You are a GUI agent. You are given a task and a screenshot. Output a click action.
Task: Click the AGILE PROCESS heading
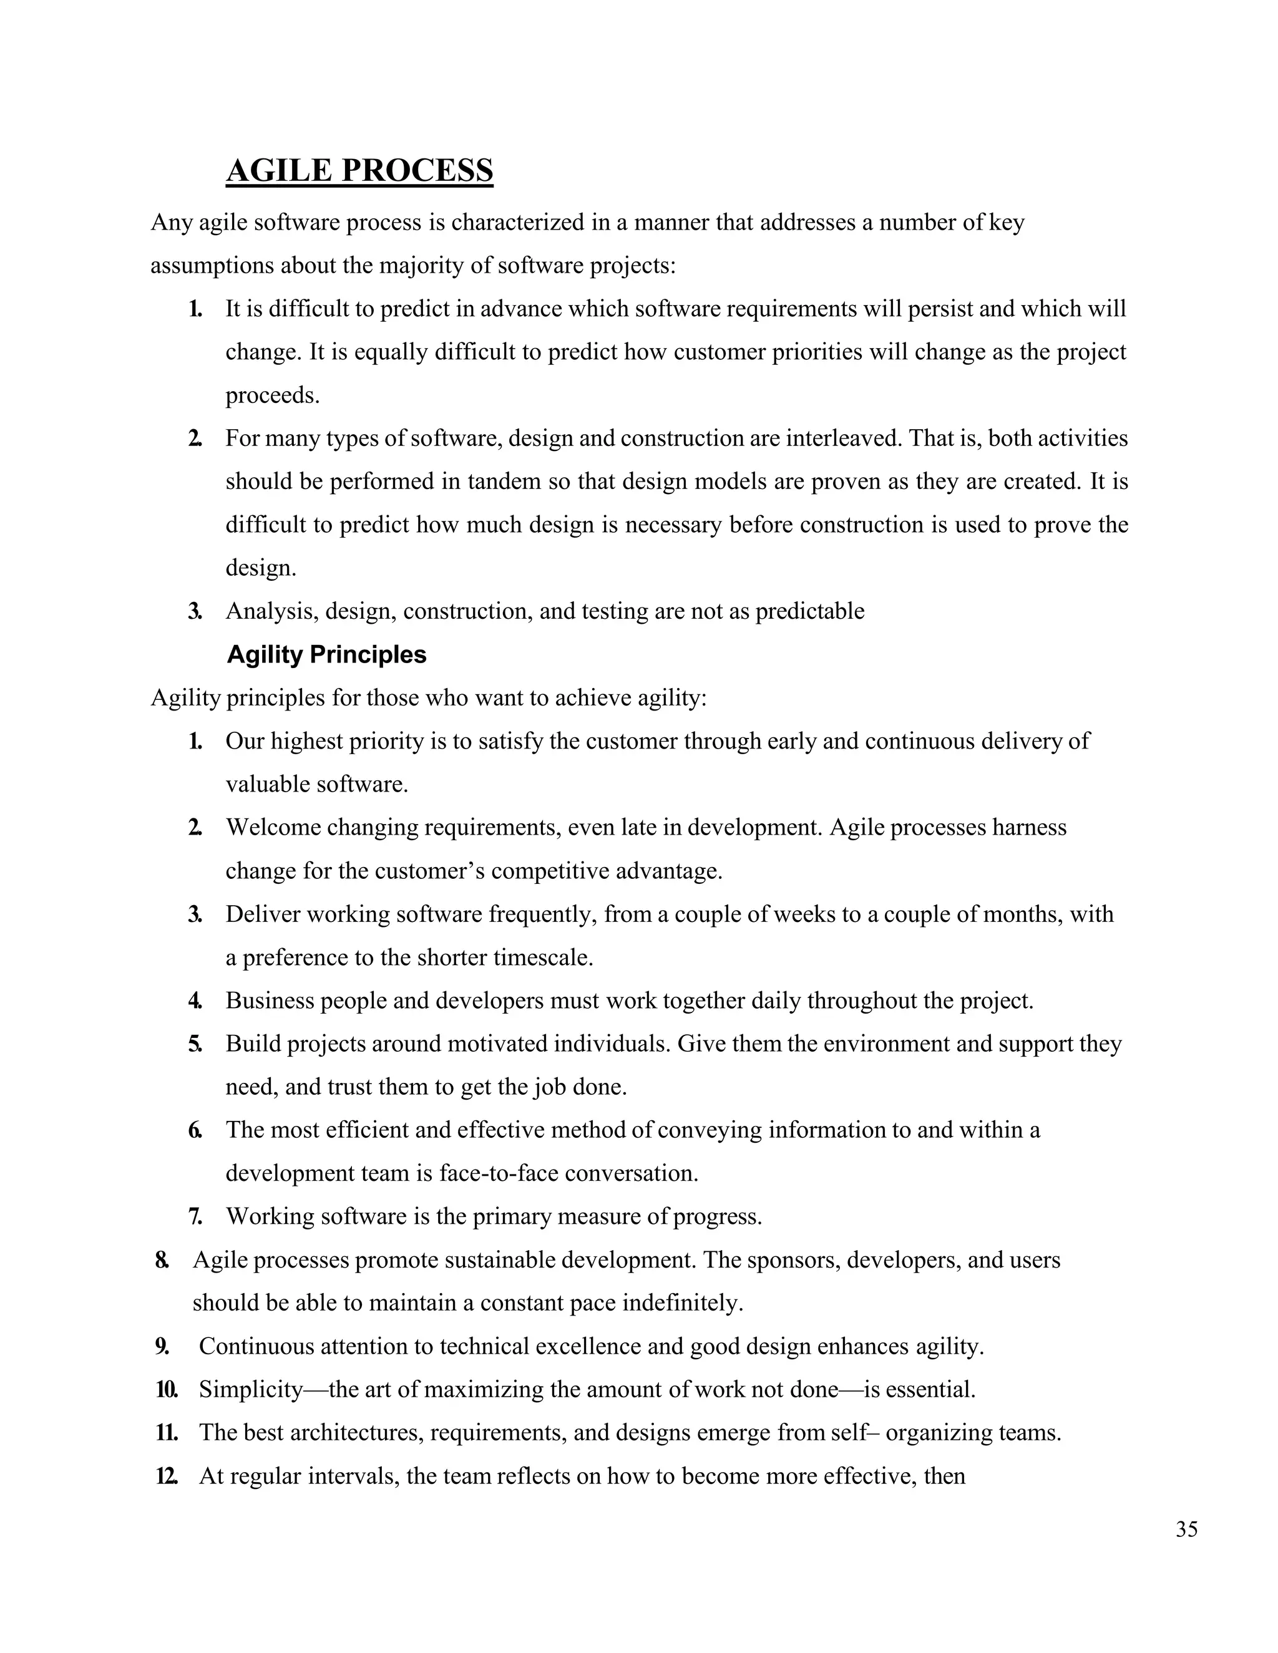click(359, 170)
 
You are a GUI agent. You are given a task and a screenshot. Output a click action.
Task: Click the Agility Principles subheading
click(326, 655)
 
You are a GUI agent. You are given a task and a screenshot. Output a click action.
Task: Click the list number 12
click(167, 1476)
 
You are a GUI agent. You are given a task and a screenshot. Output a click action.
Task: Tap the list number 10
click(167, 1390)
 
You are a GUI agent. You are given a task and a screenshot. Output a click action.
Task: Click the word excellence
click(634, 1347)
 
